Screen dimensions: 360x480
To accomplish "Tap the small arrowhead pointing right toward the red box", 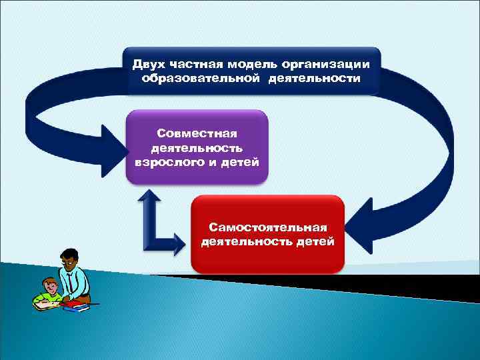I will [180, 242].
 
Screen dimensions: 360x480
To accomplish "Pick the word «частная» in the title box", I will [194, 65].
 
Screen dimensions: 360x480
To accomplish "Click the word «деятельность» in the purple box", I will [197, 149].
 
